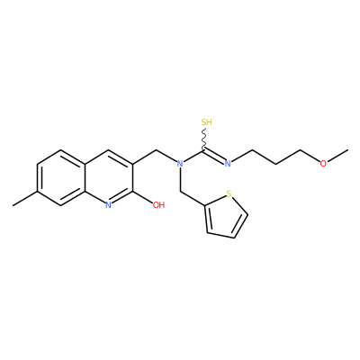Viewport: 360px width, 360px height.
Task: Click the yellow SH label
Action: coord(207,122)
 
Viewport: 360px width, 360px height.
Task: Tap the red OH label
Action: coord(158,205)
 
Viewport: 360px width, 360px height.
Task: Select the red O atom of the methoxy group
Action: coord(323,164)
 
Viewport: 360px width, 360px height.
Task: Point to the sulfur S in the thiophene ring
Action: coord(229,193)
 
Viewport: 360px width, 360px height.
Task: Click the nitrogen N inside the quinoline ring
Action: coord(109,205)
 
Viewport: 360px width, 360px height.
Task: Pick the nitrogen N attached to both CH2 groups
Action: coord(180,164)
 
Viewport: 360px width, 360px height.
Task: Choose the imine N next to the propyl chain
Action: coord(228,164)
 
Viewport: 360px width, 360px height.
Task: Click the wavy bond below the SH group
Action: coord(205,139)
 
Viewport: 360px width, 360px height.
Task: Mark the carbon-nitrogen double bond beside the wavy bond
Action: coord(215,156)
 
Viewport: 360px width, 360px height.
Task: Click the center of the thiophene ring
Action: coord(226,217)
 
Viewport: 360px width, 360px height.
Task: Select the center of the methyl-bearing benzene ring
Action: coord(61,177)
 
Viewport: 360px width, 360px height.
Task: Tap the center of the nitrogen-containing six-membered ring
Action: coord(109,177)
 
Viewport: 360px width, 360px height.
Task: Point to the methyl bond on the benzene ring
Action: coord(25,198)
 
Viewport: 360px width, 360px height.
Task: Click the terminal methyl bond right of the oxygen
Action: coord(337,155)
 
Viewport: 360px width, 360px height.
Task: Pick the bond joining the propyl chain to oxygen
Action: coord(310,156)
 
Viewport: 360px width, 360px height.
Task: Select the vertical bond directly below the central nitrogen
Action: coord(180,179)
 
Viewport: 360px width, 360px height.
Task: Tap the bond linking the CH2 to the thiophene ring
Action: coord(193,198)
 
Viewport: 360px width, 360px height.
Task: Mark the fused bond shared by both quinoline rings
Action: coord(85,177)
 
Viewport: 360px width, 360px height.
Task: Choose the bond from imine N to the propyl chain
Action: coord(242,156)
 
